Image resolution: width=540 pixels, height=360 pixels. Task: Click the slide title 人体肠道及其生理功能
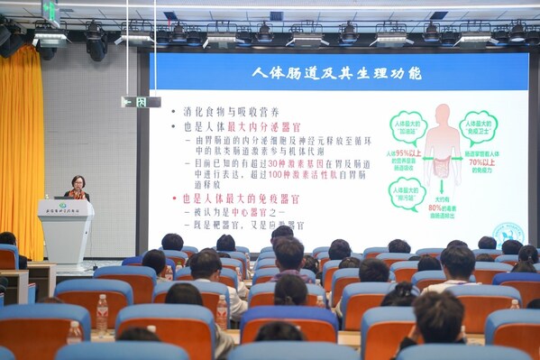338,72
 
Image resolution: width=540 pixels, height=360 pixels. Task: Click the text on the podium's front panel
63,209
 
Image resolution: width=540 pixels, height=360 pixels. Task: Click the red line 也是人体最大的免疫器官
241,198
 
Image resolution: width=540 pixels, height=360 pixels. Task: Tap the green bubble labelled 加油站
407,126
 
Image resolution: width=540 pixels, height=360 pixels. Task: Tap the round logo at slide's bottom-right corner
508,233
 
